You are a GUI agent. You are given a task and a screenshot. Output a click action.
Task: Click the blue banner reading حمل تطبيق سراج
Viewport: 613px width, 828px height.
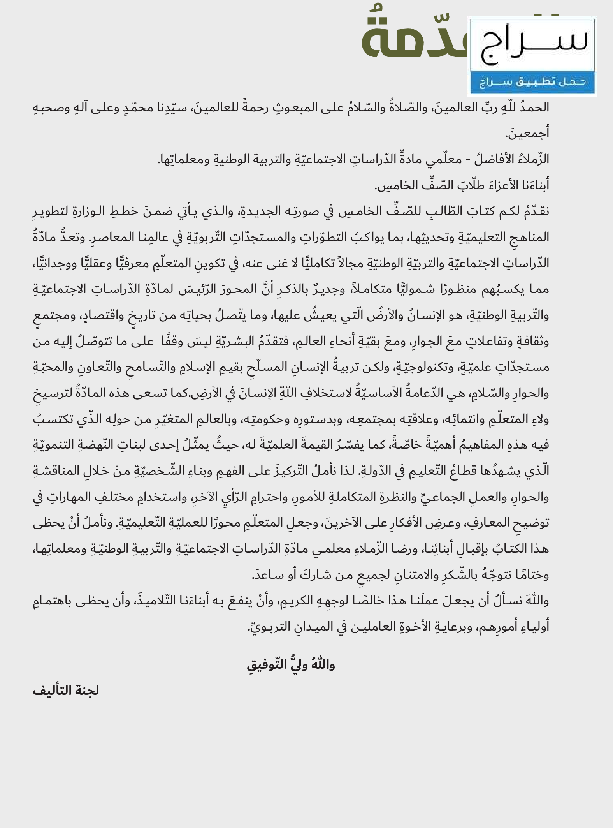[x=532, y=82]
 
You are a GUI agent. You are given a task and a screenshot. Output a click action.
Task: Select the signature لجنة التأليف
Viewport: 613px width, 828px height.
[x=66, y=691]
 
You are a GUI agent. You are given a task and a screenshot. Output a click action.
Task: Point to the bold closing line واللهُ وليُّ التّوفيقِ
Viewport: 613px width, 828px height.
[x=291, y=664]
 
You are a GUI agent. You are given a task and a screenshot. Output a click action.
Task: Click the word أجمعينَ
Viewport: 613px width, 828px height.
[x=527, y=133]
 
